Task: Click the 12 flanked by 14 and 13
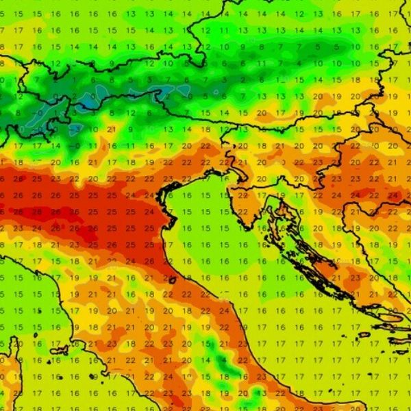[x=298, y=14]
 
